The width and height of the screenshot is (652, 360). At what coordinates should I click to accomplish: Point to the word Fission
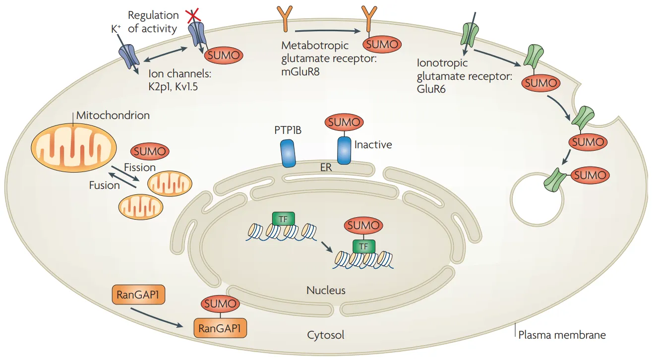(x=139, y=168)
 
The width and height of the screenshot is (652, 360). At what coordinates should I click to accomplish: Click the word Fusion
(x=104, y=185)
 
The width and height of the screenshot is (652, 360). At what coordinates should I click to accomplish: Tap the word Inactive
(x=373, y=145)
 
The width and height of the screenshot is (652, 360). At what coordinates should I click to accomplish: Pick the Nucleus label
(x=325, y=290)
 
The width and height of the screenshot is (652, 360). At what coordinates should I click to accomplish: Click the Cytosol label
(x=325, y=335)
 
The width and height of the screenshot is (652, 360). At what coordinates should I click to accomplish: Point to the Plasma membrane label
(x=561, y=335)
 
